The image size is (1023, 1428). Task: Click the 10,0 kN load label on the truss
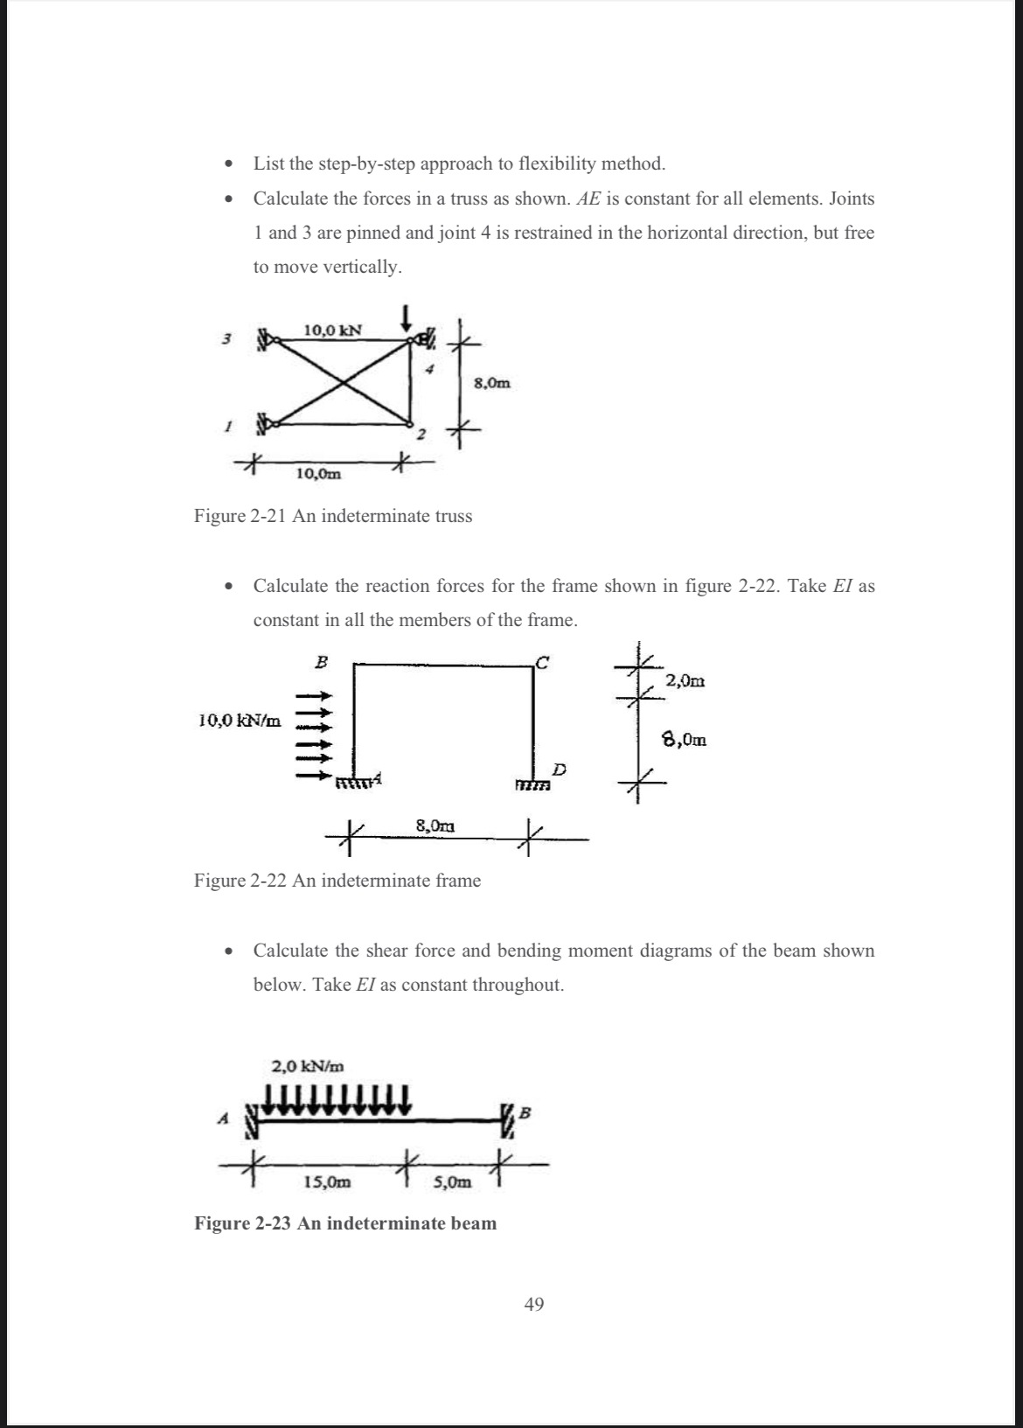point(333,330)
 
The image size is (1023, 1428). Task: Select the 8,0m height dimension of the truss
point(492,382)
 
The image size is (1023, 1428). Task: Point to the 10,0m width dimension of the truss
point(318,474)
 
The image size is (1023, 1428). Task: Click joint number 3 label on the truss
point(226,338)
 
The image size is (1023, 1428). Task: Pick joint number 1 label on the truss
point(226,427)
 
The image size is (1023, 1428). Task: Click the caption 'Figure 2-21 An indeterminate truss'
point(332,516)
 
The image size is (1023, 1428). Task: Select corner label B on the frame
point(321,662)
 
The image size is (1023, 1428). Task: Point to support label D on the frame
point(560,770)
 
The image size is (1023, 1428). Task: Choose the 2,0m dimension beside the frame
point(685,680)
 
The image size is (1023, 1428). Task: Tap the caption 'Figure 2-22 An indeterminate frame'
point(337,881)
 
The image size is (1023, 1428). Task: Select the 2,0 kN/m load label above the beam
point(308,1066)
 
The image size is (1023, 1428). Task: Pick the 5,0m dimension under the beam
point(452,1182)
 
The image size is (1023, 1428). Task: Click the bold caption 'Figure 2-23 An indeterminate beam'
point(344,1223)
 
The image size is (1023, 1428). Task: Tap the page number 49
point(533,1305)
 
